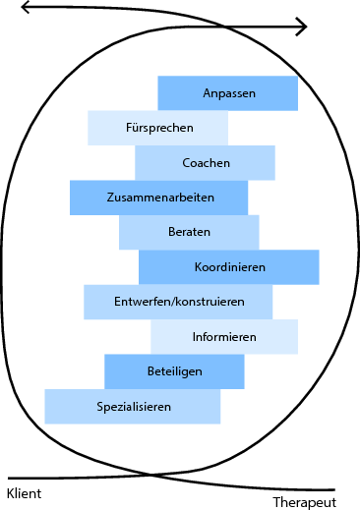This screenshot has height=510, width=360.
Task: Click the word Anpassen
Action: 229,93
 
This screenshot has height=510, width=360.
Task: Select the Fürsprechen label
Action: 159,128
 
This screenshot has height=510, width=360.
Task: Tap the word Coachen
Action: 207,163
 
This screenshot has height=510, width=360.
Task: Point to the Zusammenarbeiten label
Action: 160,198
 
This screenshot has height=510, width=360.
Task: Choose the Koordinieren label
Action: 230,266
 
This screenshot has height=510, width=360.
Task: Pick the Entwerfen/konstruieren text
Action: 179,301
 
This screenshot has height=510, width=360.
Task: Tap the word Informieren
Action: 224,337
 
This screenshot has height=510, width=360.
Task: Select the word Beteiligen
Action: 175,371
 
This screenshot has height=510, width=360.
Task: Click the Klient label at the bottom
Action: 24,492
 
